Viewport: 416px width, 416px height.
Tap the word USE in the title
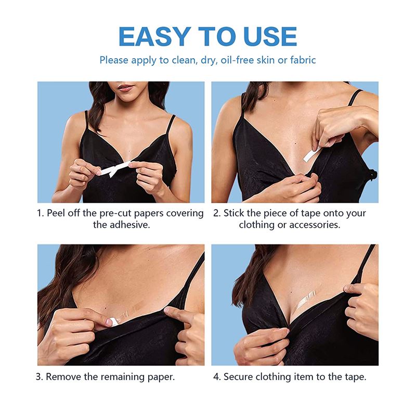264,35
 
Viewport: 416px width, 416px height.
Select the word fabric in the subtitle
301,60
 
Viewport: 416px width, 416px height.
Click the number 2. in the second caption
217,213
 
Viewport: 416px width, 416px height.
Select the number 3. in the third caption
40,376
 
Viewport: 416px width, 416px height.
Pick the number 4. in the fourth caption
217,376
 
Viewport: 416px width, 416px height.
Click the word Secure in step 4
240,376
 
